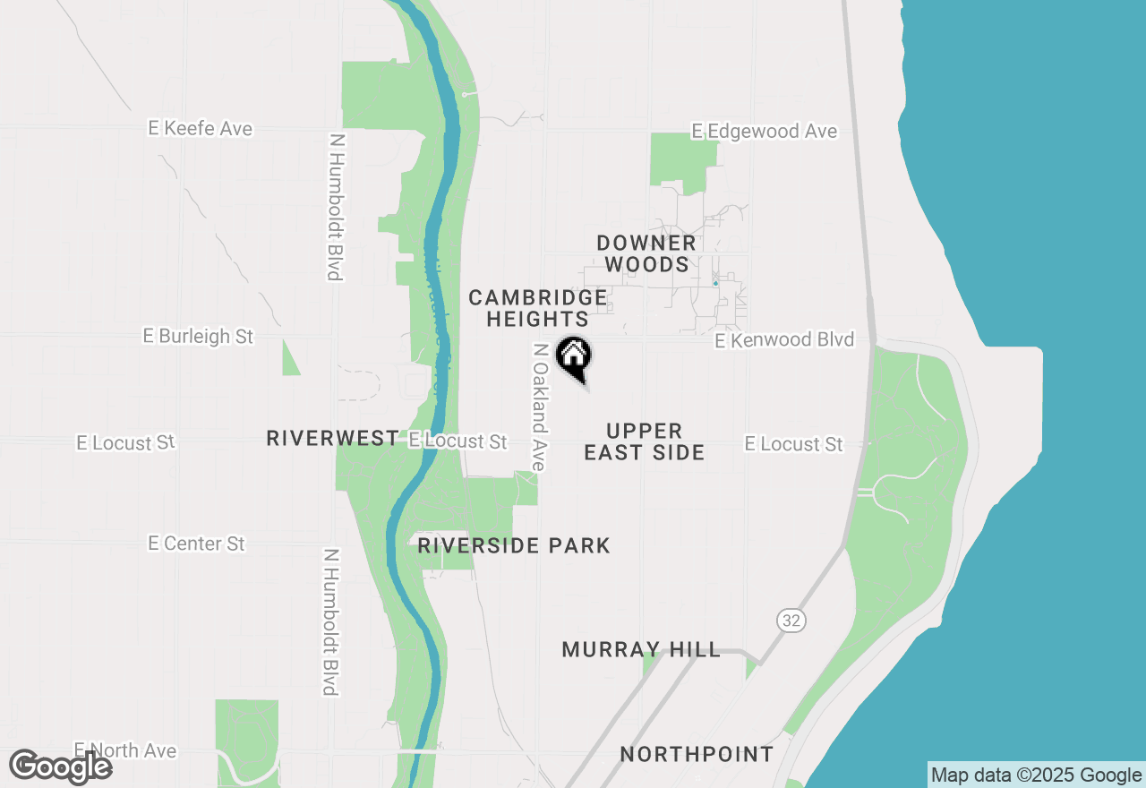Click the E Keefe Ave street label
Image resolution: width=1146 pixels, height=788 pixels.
point(201,129)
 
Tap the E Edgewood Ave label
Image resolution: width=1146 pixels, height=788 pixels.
point(764,132)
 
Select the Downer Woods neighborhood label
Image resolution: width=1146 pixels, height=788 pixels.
point(646,253)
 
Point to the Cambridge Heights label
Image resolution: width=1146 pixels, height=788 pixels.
point(537,308)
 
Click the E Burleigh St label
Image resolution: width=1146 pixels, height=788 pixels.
point(198,337)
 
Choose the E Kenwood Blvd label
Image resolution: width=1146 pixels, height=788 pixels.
point(783,340)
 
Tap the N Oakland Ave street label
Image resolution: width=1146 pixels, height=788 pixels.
point(539,407)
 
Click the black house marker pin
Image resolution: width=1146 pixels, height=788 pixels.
point(574,357)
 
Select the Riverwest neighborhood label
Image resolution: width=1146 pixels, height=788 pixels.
point(332,438)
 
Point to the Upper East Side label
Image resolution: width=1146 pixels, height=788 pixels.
point(644,441)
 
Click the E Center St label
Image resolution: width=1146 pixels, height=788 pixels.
point(197,544)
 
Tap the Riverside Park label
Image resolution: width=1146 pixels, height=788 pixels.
point(513,545)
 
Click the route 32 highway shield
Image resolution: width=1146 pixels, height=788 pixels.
point(791,621)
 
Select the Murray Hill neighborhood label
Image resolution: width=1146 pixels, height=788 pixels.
point(641,649)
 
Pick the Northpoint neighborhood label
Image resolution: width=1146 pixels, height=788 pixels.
point(697,754)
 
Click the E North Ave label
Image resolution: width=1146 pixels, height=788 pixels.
point(125,750)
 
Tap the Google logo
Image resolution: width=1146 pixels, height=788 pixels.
point(60,767)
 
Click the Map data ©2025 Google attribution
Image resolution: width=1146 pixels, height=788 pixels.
point(1036,775)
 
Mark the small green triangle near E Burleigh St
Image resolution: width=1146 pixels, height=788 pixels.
point(290,360)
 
